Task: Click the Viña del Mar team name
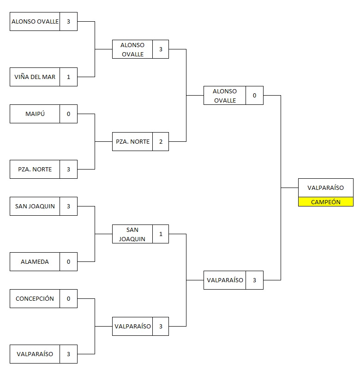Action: [x=35, y=77]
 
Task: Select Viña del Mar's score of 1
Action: [x=68, y=77]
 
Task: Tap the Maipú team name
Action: [x=35, y=114]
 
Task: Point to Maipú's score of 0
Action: [x=68, y=114]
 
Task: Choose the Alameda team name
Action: [x=35, y=262]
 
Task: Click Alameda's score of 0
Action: [x=68, y=262]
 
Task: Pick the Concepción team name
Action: [x=35, y=299]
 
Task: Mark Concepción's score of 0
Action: [x=68, y=299]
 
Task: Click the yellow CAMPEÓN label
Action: [x=325, y=202]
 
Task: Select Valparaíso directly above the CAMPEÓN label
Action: [x=325, y=188]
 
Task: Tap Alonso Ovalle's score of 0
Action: [x=254, y=96]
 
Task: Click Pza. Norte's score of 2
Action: [x=161, y=142]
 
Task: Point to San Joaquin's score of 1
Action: [x=161, y=234]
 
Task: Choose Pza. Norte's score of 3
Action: [x=68, y=170]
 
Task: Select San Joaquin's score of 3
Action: [x=68, y=206]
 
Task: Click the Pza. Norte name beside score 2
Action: [x=132, y=142]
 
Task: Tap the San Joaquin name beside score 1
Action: [x=132, y=234]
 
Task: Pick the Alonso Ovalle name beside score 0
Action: [x=225, y=96]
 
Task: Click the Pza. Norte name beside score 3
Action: [x=35, y=170]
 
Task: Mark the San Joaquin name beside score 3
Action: [x=35, y=206]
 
